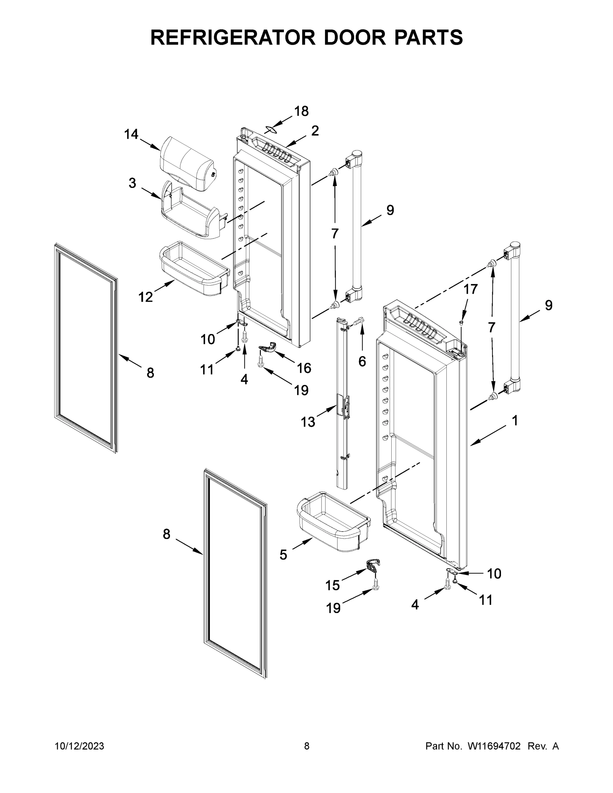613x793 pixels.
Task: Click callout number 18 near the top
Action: [x=301, y=111]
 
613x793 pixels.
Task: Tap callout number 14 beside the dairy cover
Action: [x=131, y=134]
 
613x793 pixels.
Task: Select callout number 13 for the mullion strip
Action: [x=308, y=422]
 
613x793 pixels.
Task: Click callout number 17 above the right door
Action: [x=471, y=289]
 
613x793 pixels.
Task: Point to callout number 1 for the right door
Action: [x=515, y=421]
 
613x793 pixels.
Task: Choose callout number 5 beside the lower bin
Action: [x=283, y=554]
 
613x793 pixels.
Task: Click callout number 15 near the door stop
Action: [x=332, y=585]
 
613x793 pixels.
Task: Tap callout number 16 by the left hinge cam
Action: [x=304, y=368]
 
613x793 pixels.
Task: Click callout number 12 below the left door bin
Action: [x=145, y=297]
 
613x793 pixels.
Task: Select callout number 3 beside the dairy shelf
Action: [x=132, y=183]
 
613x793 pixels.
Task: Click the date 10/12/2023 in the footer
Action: [x=80, y=746]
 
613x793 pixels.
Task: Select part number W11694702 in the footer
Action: [x=494, y=746]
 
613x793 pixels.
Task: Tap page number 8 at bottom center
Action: [x=307, y=746]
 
